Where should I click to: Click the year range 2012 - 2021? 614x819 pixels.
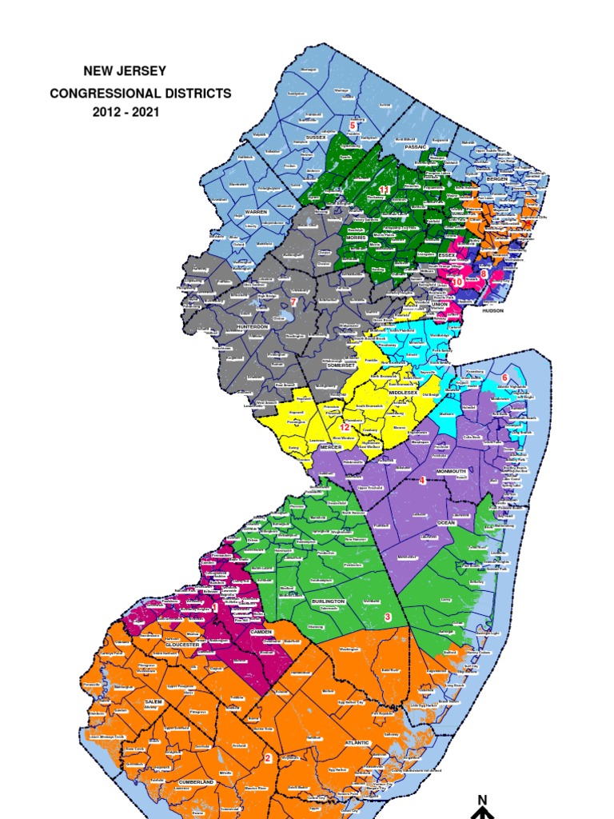tap(126, 112)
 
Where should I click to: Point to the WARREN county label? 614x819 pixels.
tap(256, 212)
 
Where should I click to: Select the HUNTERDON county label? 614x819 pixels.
tap(254, 327)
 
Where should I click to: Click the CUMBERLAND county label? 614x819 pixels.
tap(196, 781)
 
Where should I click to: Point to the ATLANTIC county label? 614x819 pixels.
tap(357, 743)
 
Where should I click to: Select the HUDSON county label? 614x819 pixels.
tap(493, 310)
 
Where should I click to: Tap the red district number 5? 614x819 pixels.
tap(352, 126)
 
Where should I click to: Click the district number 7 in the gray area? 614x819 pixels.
tap(293, 302)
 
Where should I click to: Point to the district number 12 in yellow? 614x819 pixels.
tap(345, 428)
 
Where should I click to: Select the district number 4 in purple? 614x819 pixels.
tap(422, 480)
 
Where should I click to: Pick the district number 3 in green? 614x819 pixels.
tap(387, 617)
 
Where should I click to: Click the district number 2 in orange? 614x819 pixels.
tap(268, 758)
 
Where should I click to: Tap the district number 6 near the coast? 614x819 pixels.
tap(504, 377)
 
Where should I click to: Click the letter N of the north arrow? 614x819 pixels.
tap(482, 800)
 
